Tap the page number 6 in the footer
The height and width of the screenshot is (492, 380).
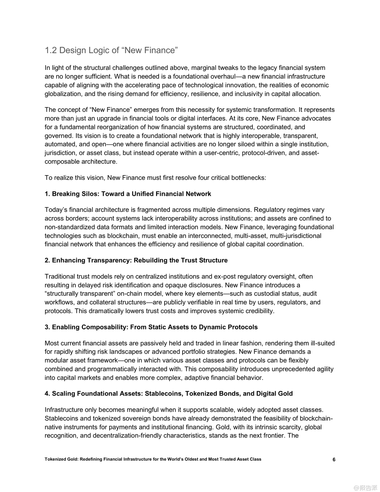(x=334, y=460)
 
